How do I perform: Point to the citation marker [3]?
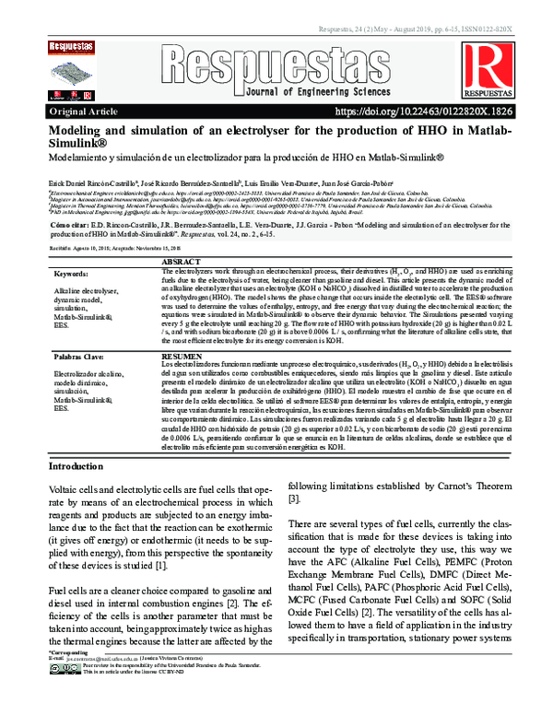point(294,498)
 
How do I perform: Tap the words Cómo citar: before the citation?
point(68,224)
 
